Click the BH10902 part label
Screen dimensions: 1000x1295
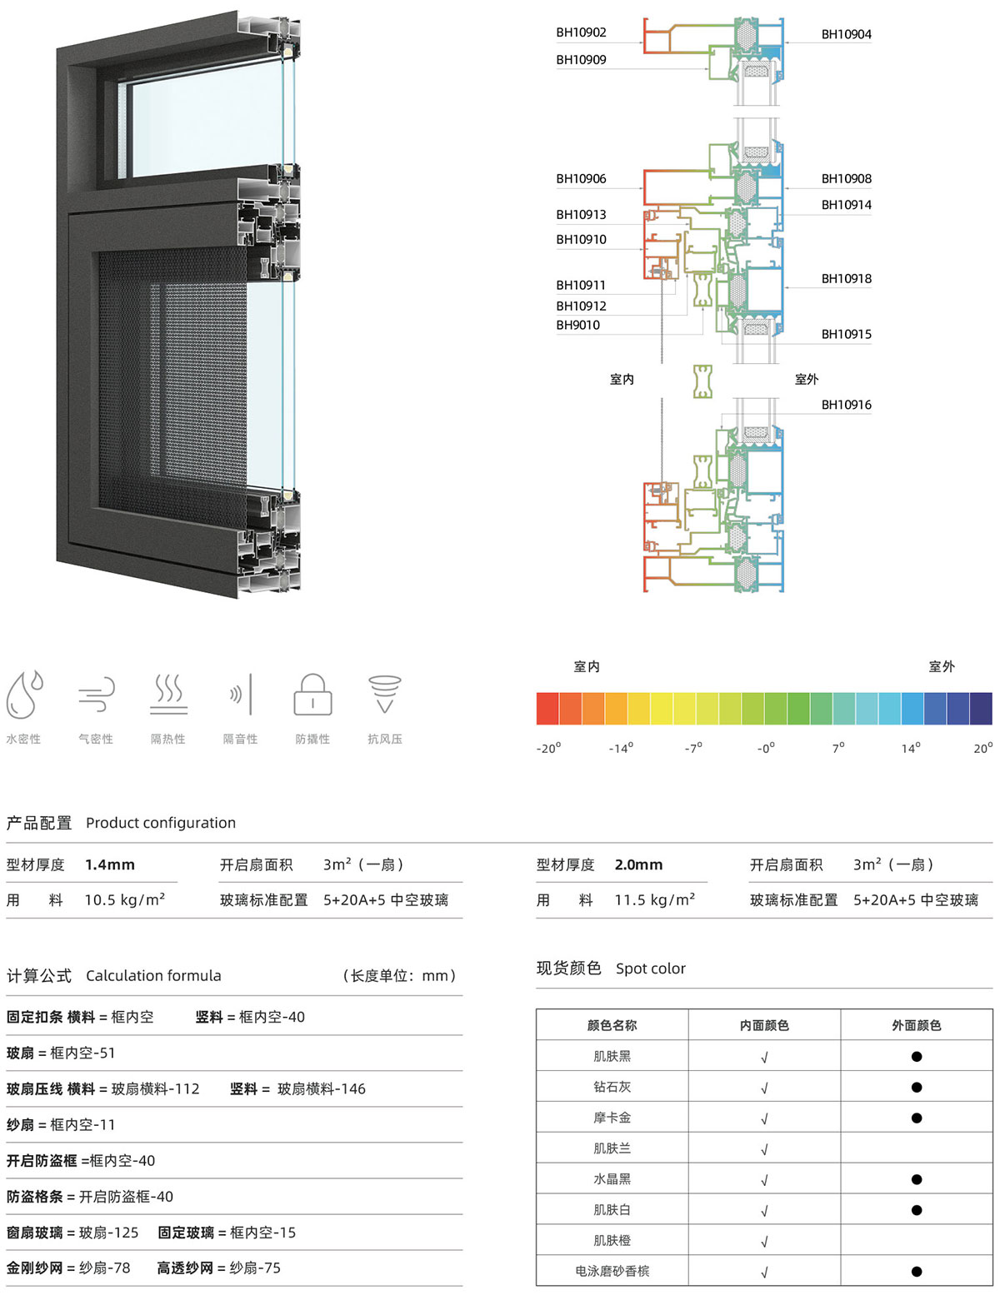point(581,32)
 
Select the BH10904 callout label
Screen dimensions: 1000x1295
point(846,35)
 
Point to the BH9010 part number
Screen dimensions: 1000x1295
point(577,325)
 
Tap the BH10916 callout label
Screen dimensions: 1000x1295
point(846,405)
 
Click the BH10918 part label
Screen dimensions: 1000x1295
point(846,278)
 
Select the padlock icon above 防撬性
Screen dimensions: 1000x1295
point(312,695)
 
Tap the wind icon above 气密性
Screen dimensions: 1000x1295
point(96,695)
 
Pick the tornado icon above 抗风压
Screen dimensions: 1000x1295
point(385,694)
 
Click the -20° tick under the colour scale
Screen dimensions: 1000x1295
point(548,748)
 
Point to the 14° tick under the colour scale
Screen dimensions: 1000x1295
point(911,748)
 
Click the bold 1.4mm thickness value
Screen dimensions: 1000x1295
point(110,864)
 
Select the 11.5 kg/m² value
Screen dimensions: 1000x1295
point(655,899)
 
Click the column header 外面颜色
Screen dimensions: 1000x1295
point(916,1025)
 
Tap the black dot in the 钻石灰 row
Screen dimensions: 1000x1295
point(917,1088)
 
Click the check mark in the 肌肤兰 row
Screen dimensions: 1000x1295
point(764,1149)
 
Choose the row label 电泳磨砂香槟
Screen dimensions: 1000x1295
point(612,1271)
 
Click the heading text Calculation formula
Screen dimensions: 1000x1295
point(153,975)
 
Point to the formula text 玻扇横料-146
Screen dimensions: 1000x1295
point(322,1088)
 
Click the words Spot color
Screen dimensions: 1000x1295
point(651,969)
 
